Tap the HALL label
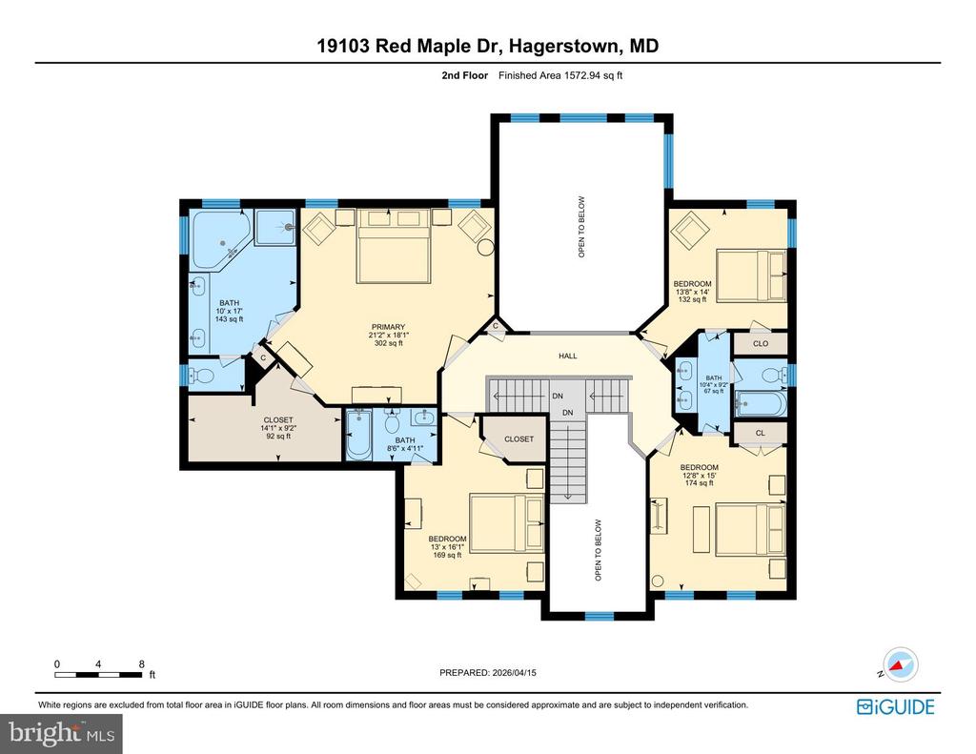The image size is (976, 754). pos(568,356)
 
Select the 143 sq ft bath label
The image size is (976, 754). pos(229,312)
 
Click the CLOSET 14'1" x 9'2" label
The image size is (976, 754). pos(278,429)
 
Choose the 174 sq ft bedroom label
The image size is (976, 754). pos(699,476)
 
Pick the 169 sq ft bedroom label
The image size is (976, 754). pos(447,547)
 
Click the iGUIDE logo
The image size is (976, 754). pos(895,706)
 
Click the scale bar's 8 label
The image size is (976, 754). pos(141,663)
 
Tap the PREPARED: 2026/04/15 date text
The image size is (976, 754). pos(488,673)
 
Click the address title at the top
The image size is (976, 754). pos(488,46)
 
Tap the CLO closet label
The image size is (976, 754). pos(761,343)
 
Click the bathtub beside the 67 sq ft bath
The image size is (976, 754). pos(761,403)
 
